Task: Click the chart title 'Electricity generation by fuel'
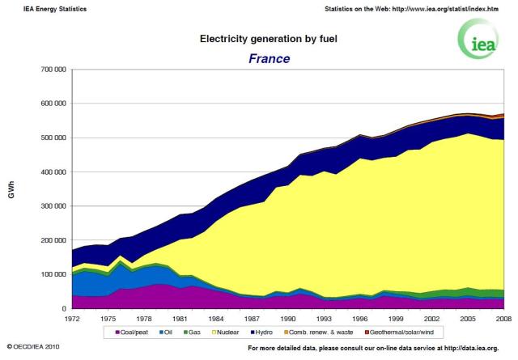pyautogui.click(x=258, y=38)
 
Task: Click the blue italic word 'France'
pyautogui.click(x=258, y=58)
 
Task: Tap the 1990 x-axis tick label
pyautogui.click(x=288, y=319)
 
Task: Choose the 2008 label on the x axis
pyautogui.click(x=503, y=319)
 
